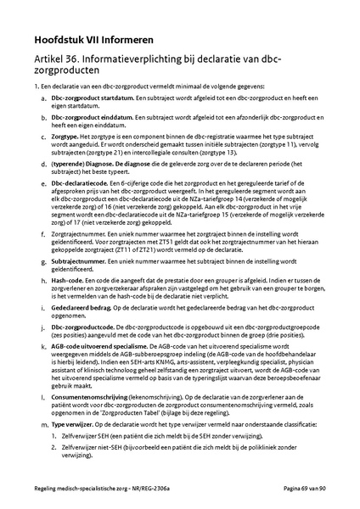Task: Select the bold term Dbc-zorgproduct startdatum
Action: [93, 99]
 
